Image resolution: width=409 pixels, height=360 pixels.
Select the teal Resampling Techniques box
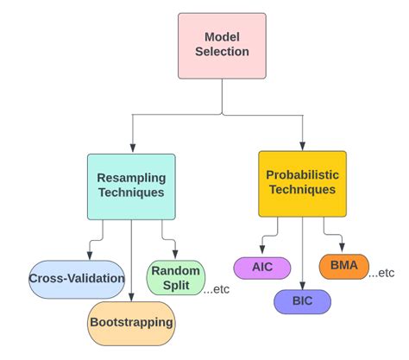131,186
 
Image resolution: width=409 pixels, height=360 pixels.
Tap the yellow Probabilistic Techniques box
302,183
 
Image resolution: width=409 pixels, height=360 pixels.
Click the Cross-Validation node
77,278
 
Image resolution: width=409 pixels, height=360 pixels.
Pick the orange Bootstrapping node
131,322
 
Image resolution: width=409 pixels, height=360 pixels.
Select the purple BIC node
302,301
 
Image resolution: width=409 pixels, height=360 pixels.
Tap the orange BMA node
343,265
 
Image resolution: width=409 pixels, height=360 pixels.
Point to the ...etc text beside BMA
381,273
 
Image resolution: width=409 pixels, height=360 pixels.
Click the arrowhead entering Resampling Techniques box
131,148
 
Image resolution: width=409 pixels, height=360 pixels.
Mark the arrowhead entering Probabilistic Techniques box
302,146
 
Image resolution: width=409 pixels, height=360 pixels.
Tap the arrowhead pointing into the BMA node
343,249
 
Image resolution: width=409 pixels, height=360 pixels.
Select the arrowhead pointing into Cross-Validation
89,256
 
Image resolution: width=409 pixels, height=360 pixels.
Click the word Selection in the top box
222,52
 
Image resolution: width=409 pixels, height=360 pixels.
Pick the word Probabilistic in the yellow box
302,175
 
